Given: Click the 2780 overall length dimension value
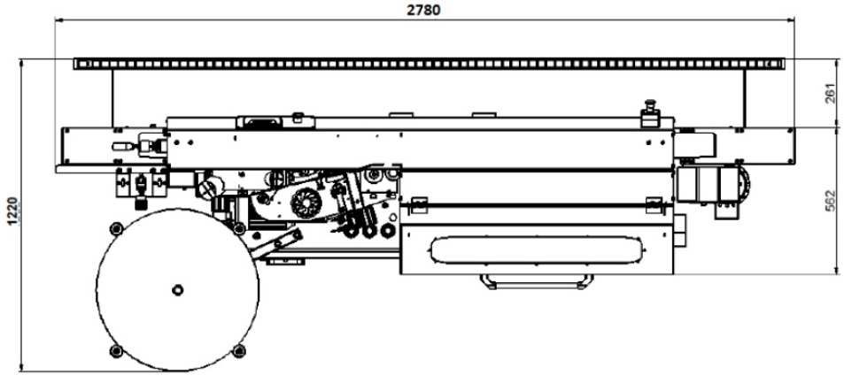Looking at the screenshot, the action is tap(423, 10).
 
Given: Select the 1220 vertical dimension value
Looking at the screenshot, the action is tap(12, 211).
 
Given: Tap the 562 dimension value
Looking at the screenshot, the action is tap(831, 200).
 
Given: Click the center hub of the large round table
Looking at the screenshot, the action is tap(177, 290).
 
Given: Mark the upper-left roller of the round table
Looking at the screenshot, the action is tap(114, 228).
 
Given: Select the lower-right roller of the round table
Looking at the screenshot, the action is tap(239, 351).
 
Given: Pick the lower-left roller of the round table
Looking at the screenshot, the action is tap(116, 351).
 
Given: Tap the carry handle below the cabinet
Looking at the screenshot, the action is tap(538, 282).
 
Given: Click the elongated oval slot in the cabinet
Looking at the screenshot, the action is tap(537, 250).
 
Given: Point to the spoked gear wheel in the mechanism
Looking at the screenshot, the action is tap(306, 203).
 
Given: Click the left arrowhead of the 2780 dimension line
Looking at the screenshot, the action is tap(59, 20).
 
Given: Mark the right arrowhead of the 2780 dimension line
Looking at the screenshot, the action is tap(791, 20).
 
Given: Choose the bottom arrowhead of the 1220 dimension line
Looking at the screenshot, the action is tap(21, 367).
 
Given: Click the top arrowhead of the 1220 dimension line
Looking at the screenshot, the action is tap(21, 64).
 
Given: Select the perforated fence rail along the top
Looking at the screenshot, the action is tap(430, 64).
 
